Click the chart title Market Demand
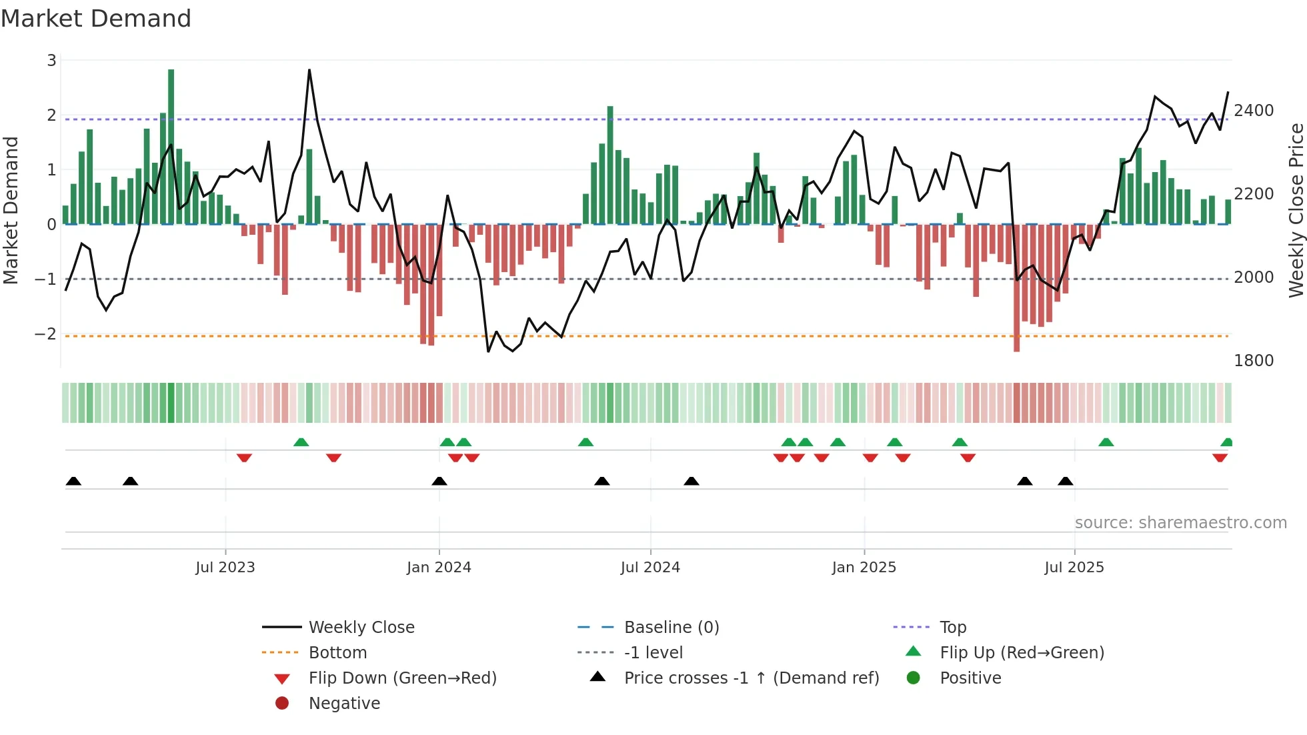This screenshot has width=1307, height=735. (96, 19)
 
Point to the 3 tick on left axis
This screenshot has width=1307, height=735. (51, 61)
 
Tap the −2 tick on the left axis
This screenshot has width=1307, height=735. (46, 333)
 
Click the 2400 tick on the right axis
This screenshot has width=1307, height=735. (1254, 111)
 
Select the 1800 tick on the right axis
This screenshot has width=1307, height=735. (1254, 361)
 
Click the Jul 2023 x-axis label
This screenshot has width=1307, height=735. (225, 568)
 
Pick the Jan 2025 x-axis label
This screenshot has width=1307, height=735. (864, 568)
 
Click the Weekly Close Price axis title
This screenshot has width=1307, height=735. (1296, 210)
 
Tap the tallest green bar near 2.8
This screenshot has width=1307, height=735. (171, 147)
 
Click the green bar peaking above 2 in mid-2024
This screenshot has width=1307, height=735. (610, 165)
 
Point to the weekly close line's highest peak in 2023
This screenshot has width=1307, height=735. (309, 70)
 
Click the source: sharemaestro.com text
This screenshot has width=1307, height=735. (1180, 523)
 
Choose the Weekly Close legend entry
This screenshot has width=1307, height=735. (361, 628)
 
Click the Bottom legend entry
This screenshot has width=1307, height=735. (337, 653)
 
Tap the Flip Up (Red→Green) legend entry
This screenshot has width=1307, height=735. (1022, 653)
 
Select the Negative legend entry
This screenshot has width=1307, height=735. (344, 704)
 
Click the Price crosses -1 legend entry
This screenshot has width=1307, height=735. (751, 678)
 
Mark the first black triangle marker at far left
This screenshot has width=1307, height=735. (73, 482)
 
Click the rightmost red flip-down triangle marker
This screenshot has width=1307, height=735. (1220, 458)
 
